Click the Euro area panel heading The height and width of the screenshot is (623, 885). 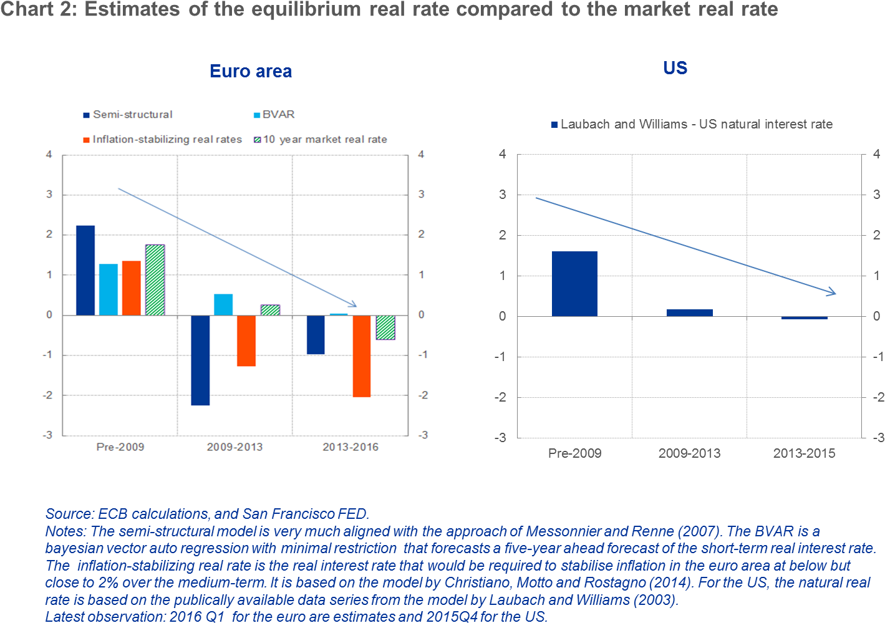coord(250,71)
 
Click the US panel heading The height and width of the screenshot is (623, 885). coord(675,68)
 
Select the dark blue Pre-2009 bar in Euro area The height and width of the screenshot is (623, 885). coord(85,271)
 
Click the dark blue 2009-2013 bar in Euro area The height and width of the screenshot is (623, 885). coord(200,360)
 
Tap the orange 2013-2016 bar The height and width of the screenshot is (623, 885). coord(362,355)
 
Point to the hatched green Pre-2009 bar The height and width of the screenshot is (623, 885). coord(155,280)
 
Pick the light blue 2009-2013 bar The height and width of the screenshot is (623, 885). coord(223,304)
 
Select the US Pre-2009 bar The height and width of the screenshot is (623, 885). coord(574,284)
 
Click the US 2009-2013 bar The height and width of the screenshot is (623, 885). coord(689,312)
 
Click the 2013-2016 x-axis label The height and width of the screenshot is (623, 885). coord(350,447)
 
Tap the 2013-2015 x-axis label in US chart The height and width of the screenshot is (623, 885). coord(804,453)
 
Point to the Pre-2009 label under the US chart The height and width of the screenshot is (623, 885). coord(574,453)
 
